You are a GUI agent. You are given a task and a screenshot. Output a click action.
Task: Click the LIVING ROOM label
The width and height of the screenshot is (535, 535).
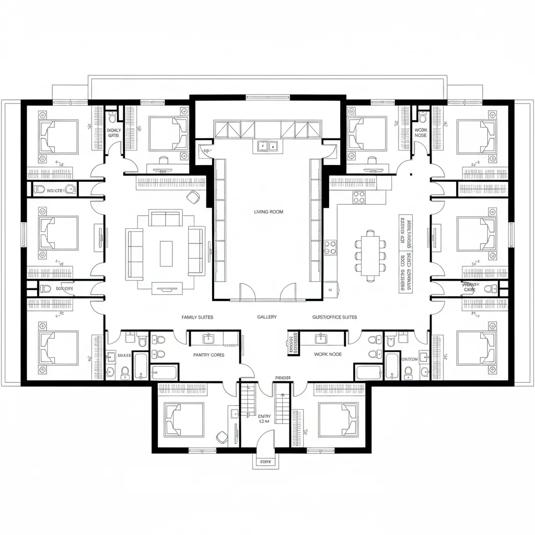tap(269, 212)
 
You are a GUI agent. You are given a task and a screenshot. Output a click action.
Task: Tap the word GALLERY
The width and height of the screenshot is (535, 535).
tap(267, 317)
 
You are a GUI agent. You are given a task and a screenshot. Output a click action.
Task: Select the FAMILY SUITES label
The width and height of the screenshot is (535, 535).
tap(197, 317)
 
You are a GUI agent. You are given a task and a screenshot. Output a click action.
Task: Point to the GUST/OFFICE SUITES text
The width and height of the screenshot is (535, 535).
tap(334, 317)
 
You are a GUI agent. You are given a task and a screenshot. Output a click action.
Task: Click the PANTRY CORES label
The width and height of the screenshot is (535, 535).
tap(208, 355)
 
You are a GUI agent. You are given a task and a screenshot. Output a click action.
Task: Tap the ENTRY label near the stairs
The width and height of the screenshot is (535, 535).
tap(264, 416)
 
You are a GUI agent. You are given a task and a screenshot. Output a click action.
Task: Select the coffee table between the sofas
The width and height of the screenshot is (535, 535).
tap(166, 253)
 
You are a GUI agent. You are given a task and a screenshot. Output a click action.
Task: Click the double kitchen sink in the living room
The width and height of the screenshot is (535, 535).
tap(267, 146)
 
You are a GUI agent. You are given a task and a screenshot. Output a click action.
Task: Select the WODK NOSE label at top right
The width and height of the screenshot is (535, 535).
tap(420, 132)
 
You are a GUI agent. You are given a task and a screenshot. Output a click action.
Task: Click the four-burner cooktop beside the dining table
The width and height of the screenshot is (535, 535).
tap(359, 197)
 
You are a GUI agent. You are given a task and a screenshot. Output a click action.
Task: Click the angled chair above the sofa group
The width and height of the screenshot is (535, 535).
tap(193, 197)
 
